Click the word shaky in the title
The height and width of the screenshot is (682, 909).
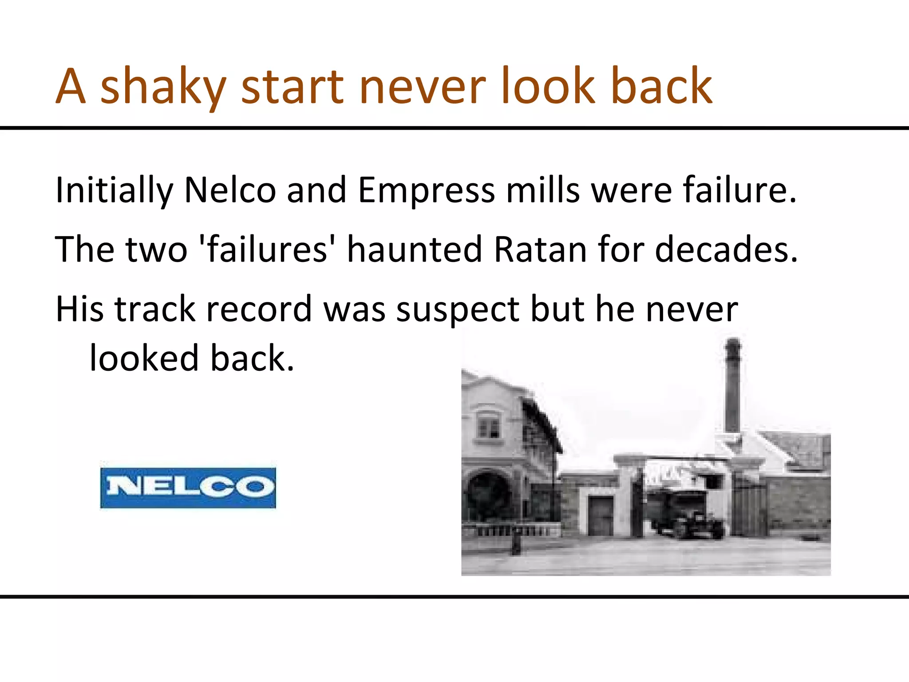click(163, 87)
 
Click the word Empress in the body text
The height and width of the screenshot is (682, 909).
click(426, 190)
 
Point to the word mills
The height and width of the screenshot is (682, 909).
click(543, 190)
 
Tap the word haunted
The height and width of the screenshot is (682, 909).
click(415, 250)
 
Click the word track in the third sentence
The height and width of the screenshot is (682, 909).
click(154, 309)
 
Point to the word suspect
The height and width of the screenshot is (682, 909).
click(458, 310)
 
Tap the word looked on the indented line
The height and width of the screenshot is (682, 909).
click(144, 358)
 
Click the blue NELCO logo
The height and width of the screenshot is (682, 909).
click(188, 488)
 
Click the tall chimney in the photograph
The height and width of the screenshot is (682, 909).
click(733, 386)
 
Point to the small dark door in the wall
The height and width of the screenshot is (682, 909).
click(601, 516)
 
